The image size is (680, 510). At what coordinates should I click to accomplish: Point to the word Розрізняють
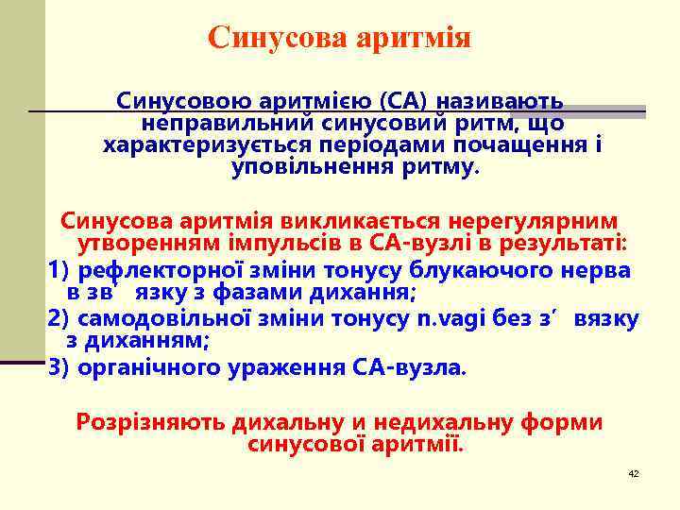(145, 422)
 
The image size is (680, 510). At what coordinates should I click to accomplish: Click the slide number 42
(634, 473)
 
